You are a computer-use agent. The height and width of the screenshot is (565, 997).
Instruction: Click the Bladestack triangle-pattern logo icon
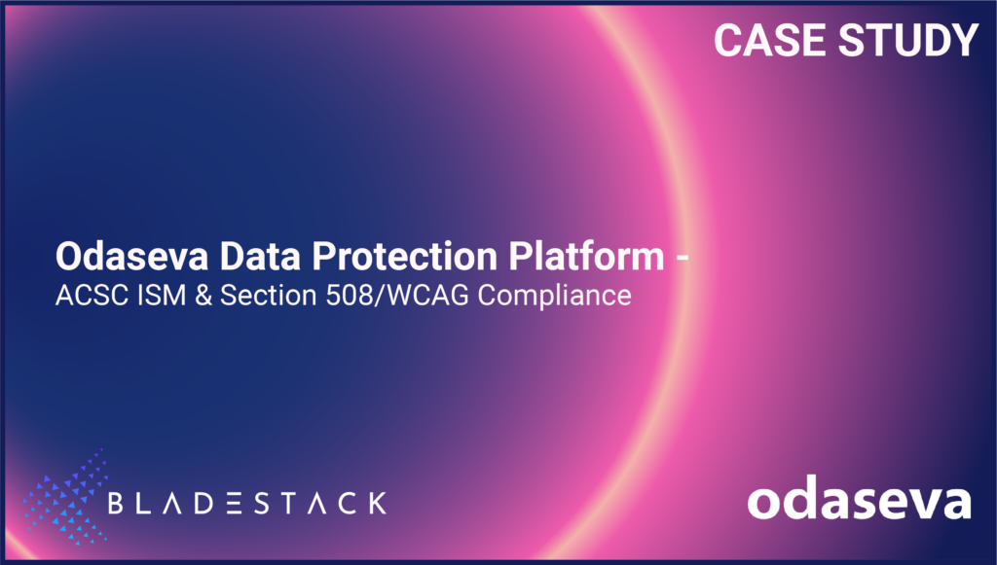(x=62, y=500)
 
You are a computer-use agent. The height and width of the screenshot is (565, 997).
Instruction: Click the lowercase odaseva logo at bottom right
(x=859, y=500)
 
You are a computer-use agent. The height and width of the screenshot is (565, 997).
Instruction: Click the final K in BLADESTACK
(x=376, y=503)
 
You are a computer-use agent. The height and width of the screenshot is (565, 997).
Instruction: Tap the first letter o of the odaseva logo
(x=763, y=503)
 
